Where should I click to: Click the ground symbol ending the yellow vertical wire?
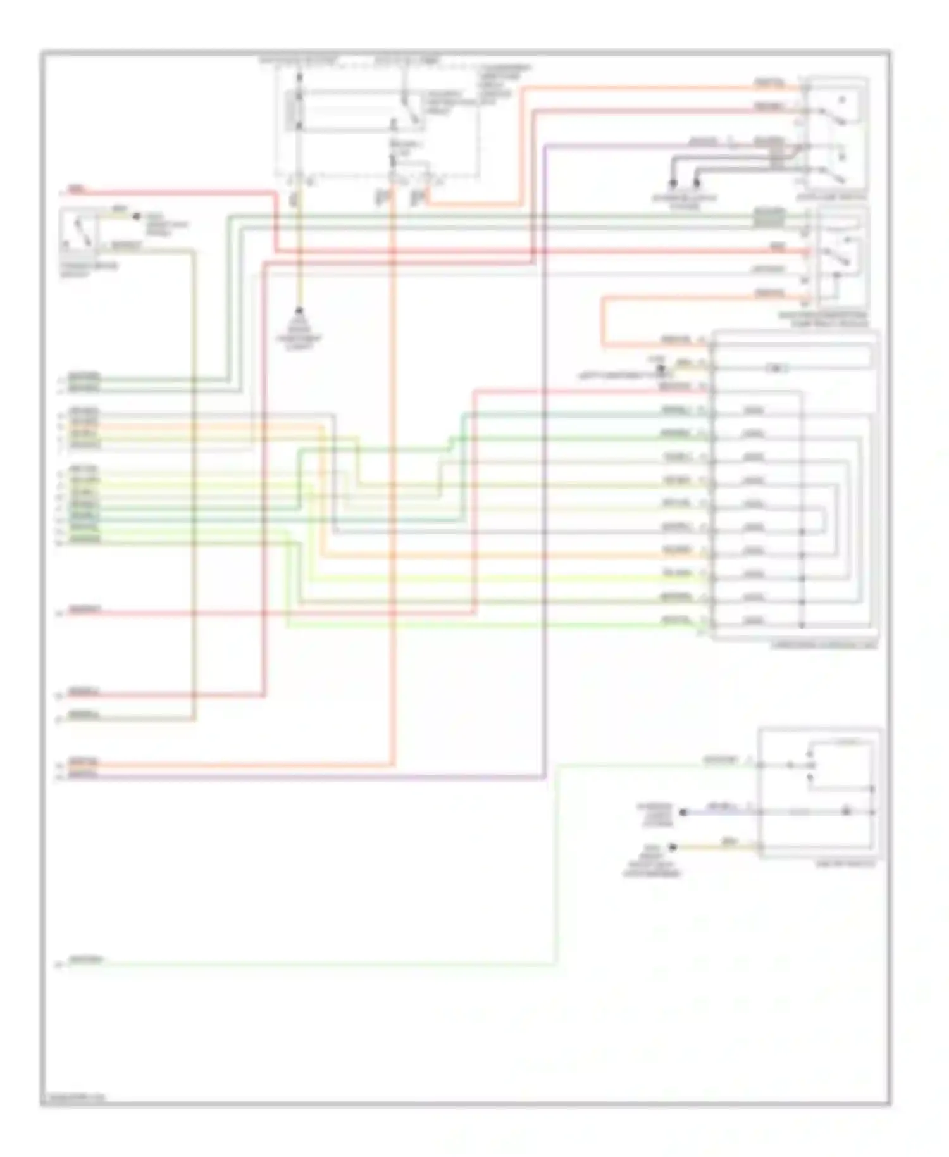[x=300, y=312]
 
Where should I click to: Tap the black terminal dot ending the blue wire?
[x=683, y=812]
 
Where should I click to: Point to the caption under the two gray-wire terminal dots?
[x=685, y=201]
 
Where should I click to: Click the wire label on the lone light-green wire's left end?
[x=85, y=960]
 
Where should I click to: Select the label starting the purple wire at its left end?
[x=84, y=775]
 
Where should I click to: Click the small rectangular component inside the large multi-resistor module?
[x=776, y=368]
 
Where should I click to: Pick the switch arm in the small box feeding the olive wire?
[x=80, y=231]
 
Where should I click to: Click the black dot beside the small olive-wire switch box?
[x=136, y=216]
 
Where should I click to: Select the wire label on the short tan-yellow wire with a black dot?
[x=729, y=842]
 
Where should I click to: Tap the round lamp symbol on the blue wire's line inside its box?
[x=846, y=811]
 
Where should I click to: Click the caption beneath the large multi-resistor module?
[x=824, y=645]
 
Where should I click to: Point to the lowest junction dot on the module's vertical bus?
[x=802, y=625]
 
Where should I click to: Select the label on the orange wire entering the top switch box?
[x=769, y=83]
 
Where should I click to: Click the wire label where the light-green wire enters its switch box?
[x=720, y=760]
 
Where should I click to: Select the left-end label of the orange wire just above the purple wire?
[x=84, y=763]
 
